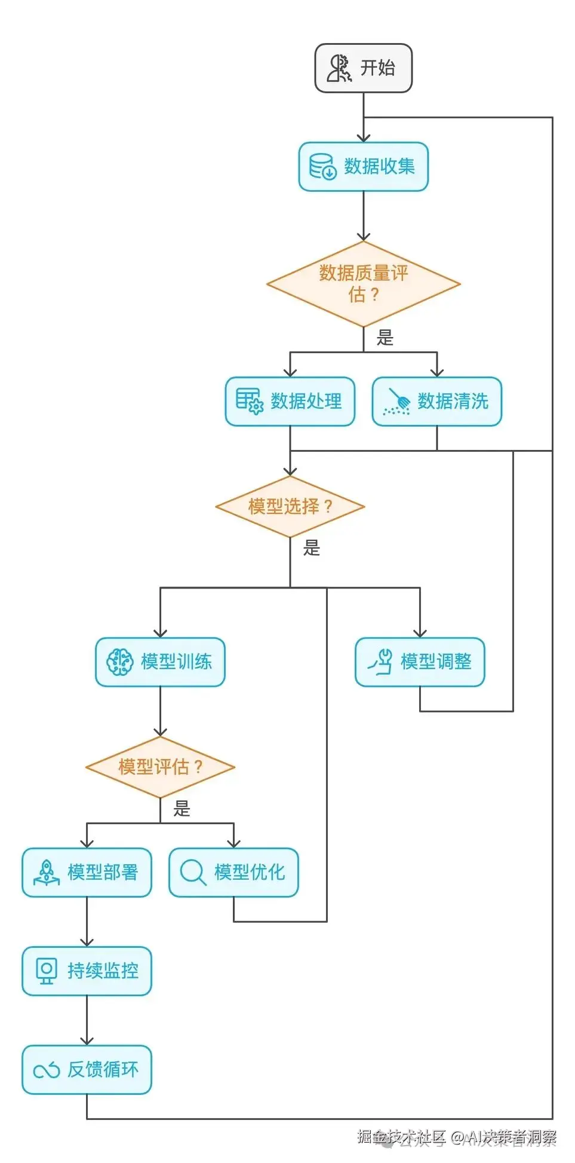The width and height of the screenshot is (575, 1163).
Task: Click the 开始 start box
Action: tap(363, 68)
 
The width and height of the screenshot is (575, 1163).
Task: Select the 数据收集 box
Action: tap(363, 167)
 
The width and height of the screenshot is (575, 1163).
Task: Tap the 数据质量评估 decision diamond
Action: tap(363, 284)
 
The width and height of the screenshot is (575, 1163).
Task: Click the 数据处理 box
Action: tap(290, 401)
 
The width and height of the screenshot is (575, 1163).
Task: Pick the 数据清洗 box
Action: tap(436, 401)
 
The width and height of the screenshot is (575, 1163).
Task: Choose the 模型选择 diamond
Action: tap(290, 507)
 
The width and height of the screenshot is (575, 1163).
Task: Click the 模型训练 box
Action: tap(160, 662)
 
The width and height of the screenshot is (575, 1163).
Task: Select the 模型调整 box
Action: tap(420, 662)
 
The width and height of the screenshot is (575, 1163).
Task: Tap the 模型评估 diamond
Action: tap(160, 767)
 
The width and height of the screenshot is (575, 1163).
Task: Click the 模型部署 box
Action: tap(87, 873)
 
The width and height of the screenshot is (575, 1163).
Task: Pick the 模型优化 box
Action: tap(233, 873)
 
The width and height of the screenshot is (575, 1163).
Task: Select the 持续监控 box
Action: tap(87, 971)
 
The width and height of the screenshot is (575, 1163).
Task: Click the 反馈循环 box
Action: tap(87, 1070)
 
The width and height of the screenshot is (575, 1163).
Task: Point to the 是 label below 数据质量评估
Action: tap(385, 338)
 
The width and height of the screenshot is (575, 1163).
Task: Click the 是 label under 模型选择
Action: tap(312, 548)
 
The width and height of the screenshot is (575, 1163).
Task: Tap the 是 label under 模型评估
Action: tap(182, 809)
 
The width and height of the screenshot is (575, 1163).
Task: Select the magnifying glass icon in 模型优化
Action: tap(193, 873)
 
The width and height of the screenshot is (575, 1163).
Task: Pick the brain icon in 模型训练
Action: tap(119, 662)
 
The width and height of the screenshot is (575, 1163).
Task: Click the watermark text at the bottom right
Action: tap(457, 1137)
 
